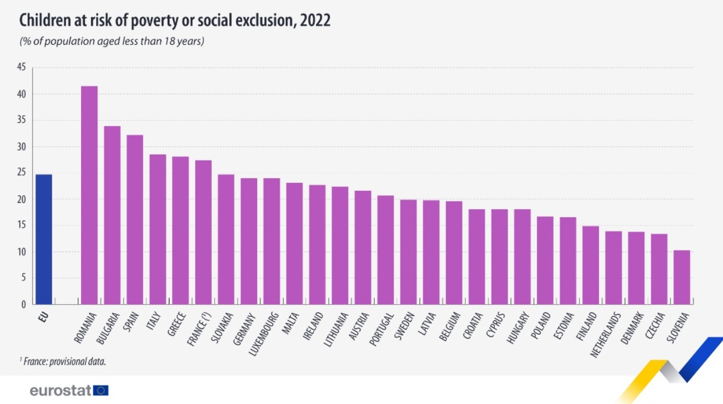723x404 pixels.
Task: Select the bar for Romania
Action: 89,195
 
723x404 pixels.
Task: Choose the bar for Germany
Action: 249,241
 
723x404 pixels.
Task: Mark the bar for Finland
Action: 590,265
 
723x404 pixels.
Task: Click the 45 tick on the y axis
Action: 22,68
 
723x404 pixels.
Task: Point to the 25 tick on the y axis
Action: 22,173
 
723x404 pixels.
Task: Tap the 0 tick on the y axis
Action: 23,305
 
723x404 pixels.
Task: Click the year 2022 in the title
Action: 315,21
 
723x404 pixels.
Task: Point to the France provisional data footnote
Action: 63,361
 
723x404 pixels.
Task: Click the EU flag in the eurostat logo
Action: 102,391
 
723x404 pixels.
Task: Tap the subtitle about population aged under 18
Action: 112,41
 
